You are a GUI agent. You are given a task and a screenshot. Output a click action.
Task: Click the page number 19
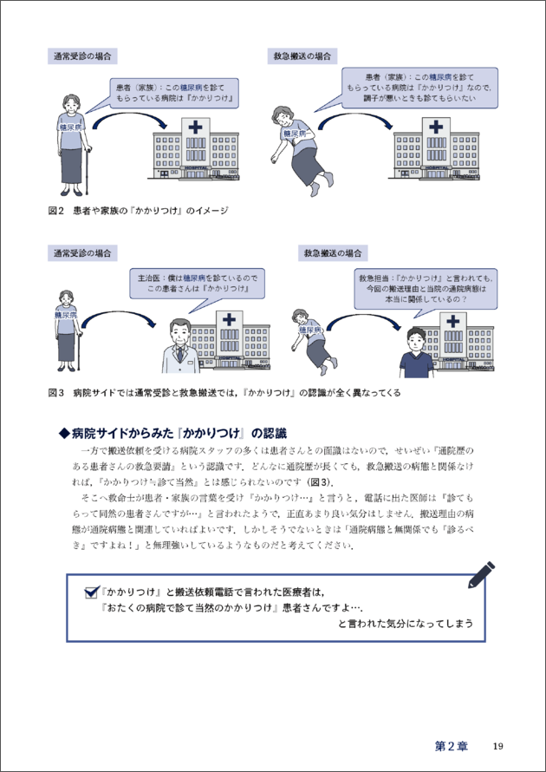tap(497, 746)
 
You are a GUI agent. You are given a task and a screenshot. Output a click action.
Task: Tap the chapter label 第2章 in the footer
tap(452, 746)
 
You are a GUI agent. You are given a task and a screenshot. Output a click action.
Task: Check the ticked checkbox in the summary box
tap(91, 592)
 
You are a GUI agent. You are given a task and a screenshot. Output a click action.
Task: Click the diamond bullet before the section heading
tap(62, 432)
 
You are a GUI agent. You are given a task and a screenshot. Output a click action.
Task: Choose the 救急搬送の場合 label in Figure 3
tap(333, 254)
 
